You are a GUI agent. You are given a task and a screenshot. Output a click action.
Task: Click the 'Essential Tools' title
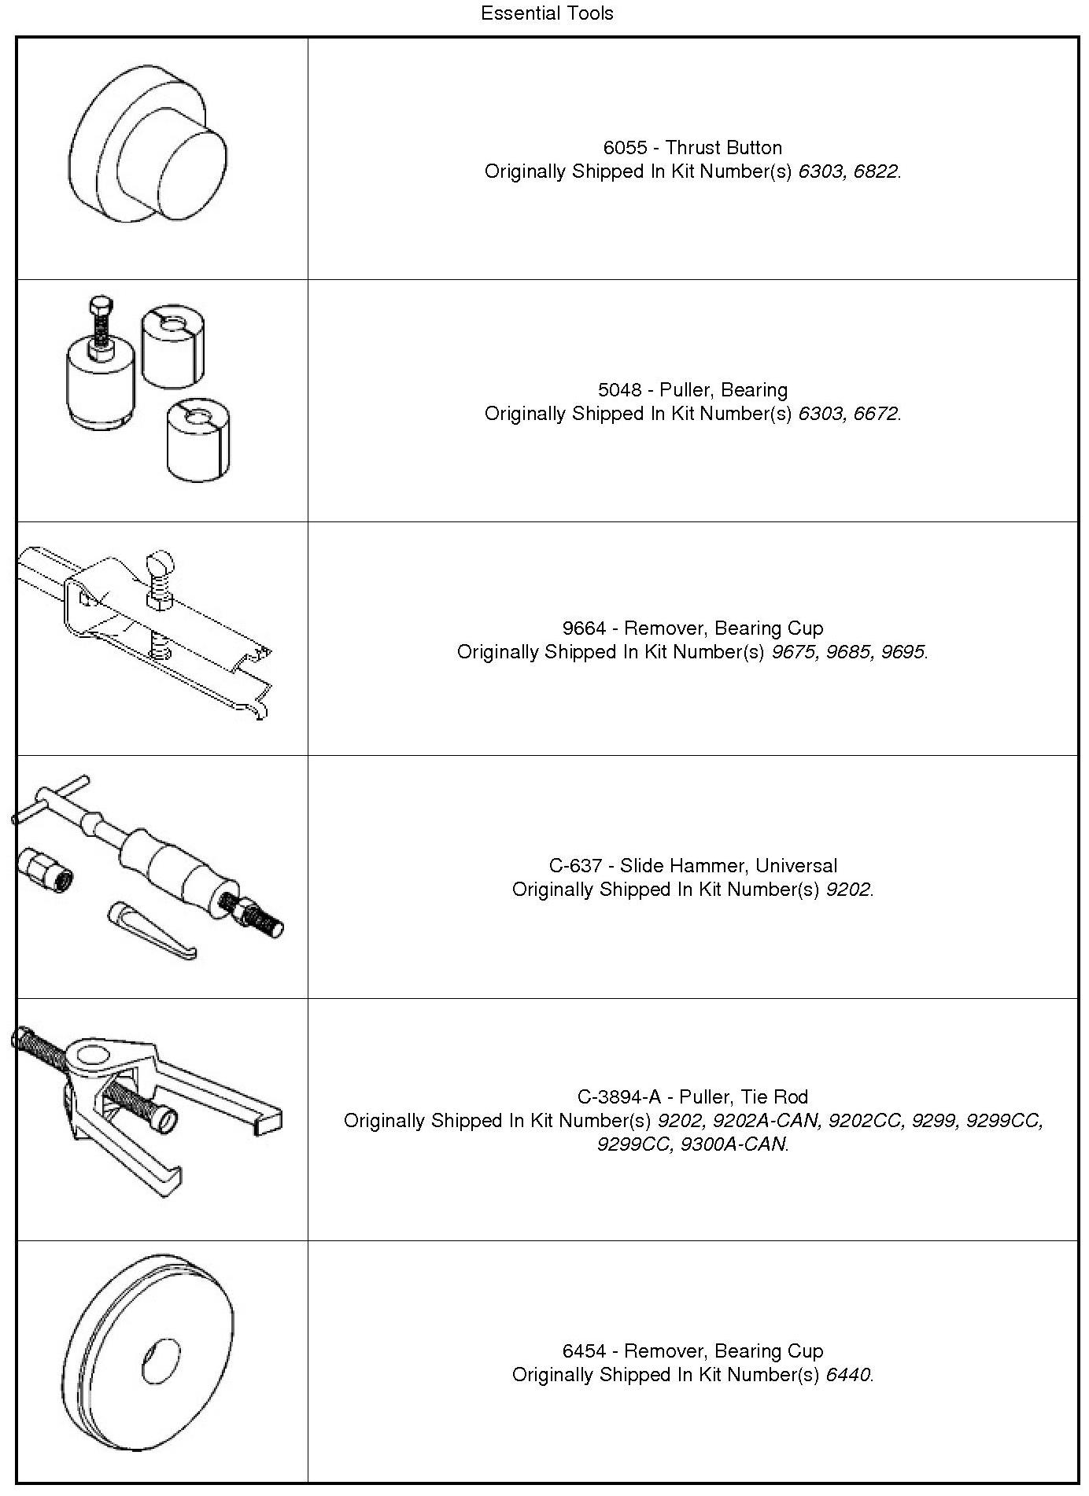(x=547, y=13)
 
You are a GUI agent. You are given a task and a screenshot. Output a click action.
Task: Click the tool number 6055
(x=625, y=148)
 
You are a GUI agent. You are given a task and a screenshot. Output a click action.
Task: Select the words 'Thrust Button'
(x=724, y=148)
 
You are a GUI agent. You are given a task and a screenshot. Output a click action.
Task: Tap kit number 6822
(x=875, y=171)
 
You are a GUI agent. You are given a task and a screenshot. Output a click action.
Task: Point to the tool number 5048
(x=619, y=390)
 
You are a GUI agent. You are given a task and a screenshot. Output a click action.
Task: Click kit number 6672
(x=875, y=414)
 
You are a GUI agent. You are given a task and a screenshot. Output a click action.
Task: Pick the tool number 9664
(x=584, y=628)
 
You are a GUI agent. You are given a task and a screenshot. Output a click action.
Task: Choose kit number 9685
(x=847, y=652)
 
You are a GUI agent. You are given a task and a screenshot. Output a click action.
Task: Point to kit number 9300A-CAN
(x=733, y=1144)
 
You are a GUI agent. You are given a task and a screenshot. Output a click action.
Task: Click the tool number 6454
(x=584, y=1351)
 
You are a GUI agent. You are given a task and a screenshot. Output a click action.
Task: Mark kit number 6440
(x=847, y=1375)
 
